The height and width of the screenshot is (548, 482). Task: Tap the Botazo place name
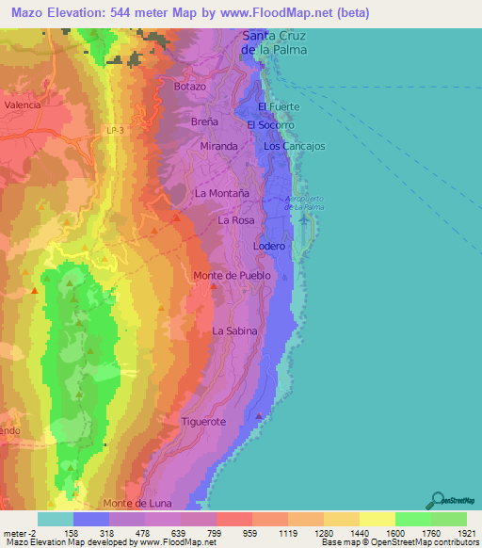point(190,86)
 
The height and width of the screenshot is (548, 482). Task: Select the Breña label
point(204,122)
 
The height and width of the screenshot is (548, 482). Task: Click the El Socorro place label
point(271,124)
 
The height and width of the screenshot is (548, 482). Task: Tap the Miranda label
point(218,147)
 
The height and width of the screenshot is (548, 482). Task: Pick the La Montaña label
point(221,192)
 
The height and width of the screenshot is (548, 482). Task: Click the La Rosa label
point(236,219)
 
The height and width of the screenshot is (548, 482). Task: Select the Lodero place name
point(269,246)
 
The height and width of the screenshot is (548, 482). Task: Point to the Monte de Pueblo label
point(232,275)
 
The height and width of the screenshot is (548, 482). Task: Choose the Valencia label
point(23,105)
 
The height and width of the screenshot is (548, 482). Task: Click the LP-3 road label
point(115,133)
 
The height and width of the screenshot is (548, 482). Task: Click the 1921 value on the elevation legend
point(465,531)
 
